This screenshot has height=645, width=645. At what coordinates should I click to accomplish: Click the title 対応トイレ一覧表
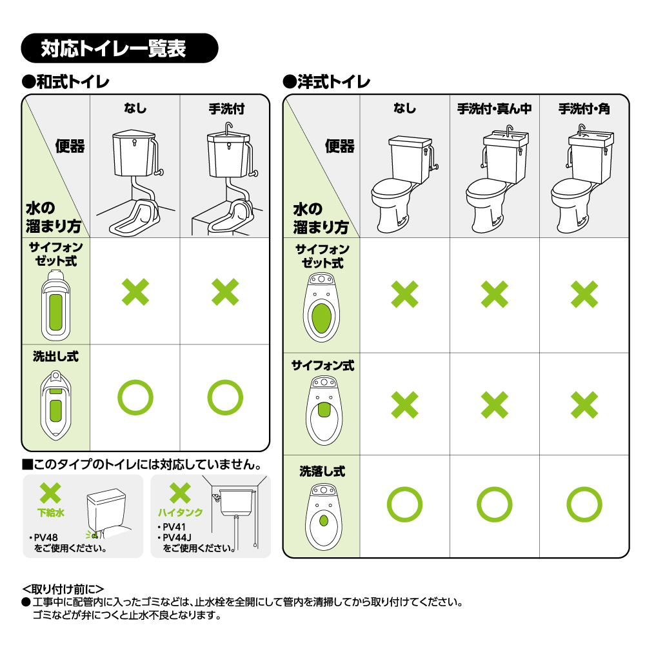point(113,48)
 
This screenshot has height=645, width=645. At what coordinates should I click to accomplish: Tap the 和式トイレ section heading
point(66,82)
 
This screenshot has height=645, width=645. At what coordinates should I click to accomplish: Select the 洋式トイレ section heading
point(326,82)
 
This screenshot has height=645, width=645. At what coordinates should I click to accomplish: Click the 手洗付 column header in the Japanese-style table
point(226,108)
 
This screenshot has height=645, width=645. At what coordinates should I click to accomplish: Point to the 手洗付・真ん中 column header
point(495,108)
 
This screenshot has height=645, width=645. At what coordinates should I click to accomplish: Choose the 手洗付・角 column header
point(584,108)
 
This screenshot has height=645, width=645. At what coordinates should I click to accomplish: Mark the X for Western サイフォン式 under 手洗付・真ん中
point(495,405)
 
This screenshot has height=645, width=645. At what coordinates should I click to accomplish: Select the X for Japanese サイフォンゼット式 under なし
point(135,292)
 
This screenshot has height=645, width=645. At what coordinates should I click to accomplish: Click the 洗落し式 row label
point(322,471)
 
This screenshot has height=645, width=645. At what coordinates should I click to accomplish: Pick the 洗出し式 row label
point(56,356)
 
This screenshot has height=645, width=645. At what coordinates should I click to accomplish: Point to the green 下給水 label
point(51,513)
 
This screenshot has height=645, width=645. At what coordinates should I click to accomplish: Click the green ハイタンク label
point(181,513)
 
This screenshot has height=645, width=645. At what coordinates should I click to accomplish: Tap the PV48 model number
point(46,538)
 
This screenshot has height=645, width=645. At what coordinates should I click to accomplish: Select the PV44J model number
point(177,538)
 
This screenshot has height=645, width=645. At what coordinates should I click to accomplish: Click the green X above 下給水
point(50,493)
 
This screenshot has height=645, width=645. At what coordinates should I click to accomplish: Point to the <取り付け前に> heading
point(63,589)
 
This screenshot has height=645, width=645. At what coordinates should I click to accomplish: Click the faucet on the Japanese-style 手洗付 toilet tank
point(229,128)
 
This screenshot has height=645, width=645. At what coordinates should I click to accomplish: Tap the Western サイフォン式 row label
point(322,366)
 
